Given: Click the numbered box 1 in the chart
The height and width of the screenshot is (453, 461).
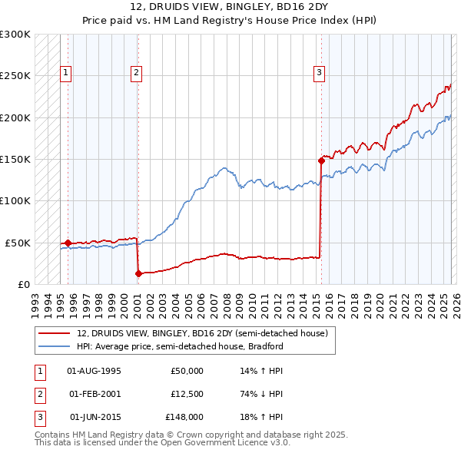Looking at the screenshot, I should pyautogui.click(x=67, y=73).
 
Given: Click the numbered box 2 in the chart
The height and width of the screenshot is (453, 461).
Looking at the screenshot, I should pyautogui.click(x=136, y=73).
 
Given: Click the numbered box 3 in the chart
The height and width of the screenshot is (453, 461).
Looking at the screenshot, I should pyautogui.click(x=319, y=73).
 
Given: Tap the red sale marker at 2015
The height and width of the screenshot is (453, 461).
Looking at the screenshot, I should pyautogui.click(x=320, y=160).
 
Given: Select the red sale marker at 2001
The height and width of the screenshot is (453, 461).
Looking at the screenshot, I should pyautogui.click(x=138, y=273).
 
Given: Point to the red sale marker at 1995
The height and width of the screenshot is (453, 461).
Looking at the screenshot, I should pyautogui.click(x=68, y=243).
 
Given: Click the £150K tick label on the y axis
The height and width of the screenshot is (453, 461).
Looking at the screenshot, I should pyautogui.click(x=15, y=159).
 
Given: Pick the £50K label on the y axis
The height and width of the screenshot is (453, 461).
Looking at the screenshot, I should pyautogui.click(x=18, y=243).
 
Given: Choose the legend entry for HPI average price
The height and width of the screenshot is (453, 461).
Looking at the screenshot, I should pyautogui.click(x=180, y=346).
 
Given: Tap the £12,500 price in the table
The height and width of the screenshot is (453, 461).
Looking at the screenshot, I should pyautogui.click(x=186, y=394).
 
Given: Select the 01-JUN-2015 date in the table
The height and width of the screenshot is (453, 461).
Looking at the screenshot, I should pyautogui.click(x=95, y=417).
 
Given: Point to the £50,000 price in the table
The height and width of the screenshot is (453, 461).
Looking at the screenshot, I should pyautogui.click(x=186, y=371).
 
